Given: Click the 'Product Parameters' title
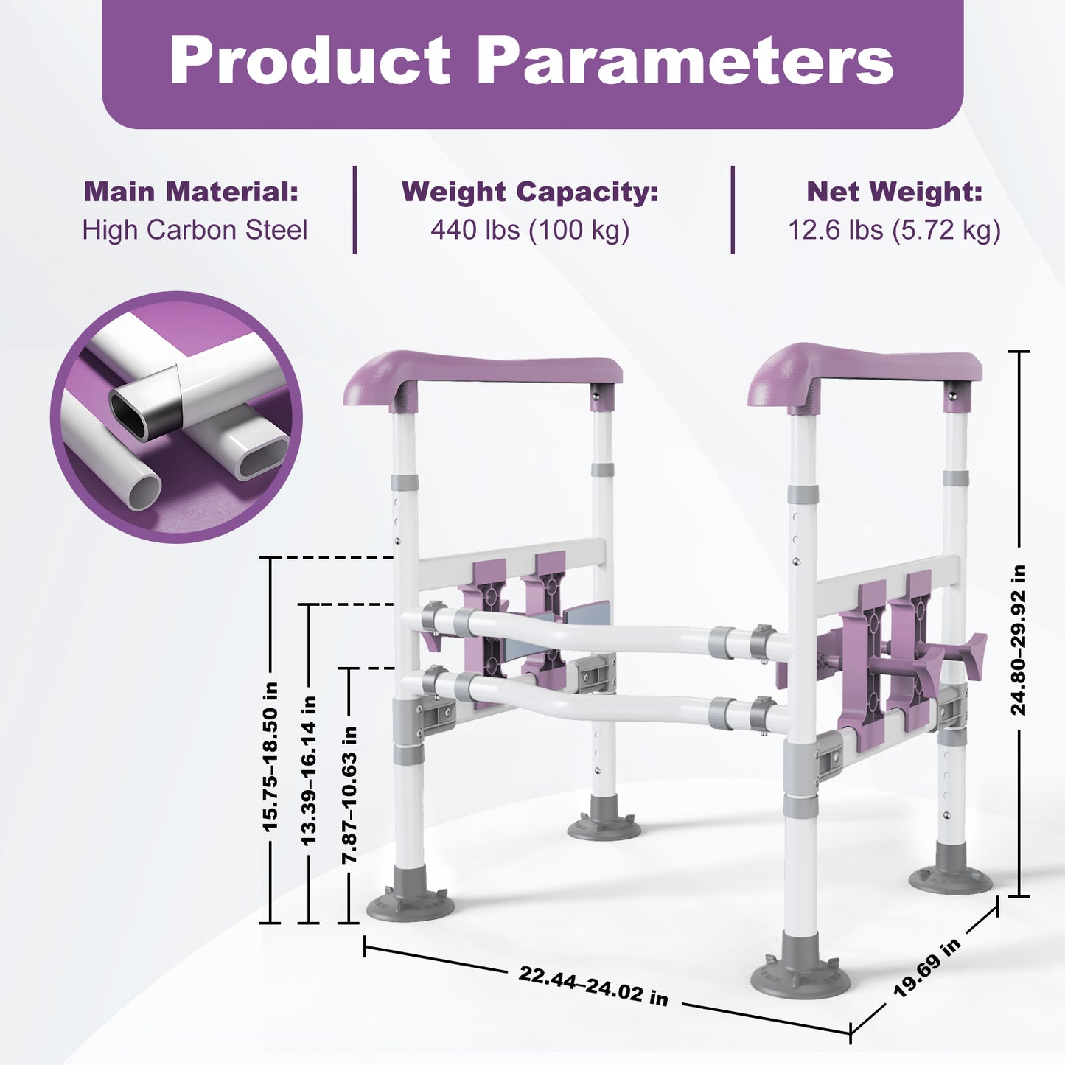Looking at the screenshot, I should click(x=531, y=61).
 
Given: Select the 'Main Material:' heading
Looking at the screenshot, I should click(x=191, y=192).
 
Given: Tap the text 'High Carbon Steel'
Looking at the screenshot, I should click(x=195, y=230).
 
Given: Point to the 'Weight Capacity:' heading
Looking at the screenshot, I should click(x=530, y=192).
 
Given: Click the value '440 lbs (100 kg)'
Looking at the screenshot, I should click(x=530, y=230).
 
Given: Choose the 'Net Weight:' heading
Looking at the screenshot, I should click(x=894, y=192).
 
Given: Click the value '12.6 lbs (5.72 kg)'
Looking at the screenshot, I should click(x=894, y=230).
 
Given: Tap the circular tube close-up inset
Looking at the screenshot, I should click(x=176, y=417).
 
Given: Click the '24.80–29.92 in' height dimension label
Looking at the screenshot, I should click(x=1018, y=640).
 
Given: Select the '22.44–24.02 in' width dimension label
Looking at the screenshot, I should click(x=593, y=985).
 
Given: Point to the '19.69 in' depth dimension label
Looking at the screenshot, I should click(x=927, y=968).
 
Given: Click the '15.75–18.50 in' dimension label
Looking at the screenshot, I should click(x=270, y=757).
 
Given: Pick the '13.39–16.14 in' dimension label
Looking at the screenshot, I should click(x=309, y=770).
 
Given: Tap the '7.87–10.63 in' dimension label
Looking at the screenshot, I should click(x=349, y=795).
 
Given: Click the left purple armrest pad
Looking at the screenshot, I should click(x=483, y=374).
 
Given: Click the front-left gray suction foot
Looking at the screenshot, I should click(x=410, y=901).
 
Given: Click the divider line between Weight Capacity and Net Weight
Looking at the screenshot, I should click(x=733, y=210).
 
